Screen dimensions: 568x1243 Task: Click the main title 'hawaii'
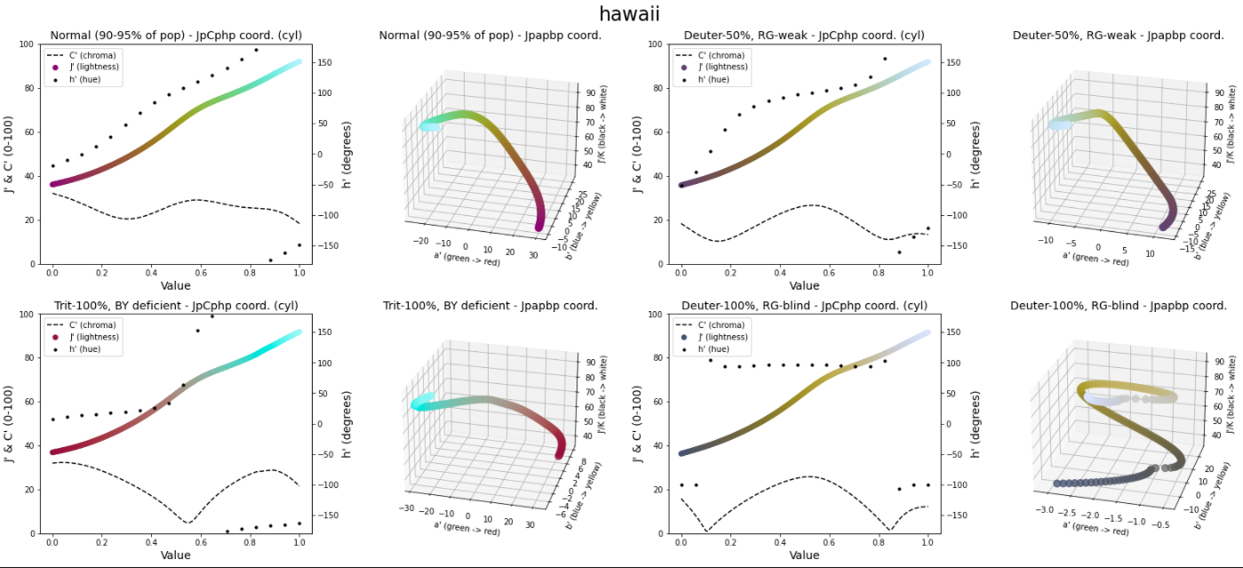tap(628, 13)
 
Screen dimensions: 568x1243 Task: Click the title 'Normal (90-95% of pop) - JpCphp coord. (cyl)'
tap(176, 36)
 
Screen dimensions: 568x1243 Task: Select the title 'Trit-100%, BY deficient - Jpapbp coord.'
tap(490, 306)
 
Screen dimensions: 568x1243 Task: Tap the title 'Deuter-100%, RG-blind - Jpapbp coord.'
tap(1119, 306)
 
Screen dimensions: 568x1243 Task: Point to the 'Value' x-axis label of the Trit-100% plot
tap(176, 556)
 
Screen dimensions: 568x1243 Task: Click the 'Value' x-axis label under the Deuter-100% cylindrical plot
tap(804, 556)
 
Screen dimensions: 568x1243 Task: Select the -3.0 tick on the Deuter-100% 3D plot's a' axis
tap(1045, 510)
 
